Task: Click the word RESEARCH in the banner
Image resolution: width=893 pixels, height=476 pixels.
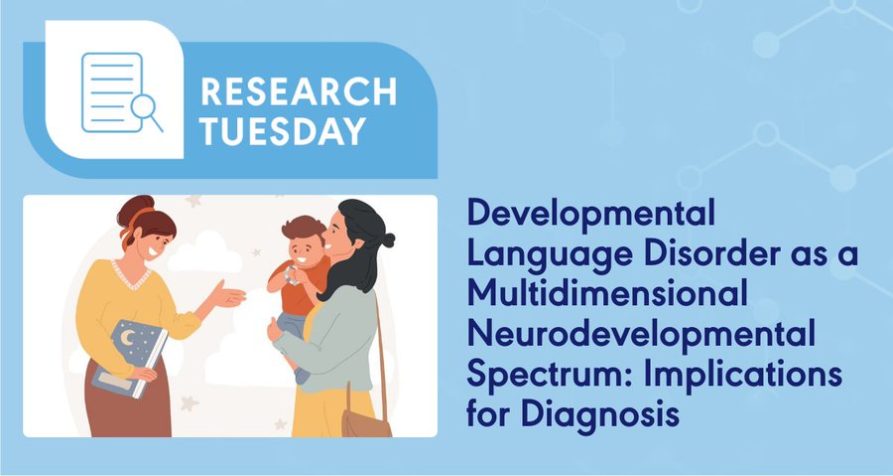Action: tap(299, 91)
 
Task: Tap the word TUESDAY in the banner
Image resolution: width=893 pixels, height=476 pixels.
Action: tap(283, 131)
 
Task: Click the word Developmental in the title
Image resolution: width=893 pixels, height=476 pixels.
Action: tap(590, 215)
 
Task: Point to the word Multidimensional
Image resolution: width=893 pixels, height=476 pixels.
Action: tap(606, 292)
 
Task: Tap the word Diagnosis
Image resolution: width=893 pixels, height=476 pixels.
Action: tap(599, 413)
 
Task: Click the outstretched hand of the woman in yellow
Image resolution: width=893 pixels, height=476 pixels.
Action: tap(229, 296)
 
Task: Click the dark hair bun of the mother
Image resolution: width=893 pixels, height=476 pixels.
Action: tap(388, 239)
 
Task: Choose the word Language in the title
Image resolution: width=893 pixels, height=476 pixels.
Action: tap(550, 254)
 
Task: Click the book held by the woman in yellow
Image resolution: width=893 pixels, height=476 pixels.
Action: tap(130, 358)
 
